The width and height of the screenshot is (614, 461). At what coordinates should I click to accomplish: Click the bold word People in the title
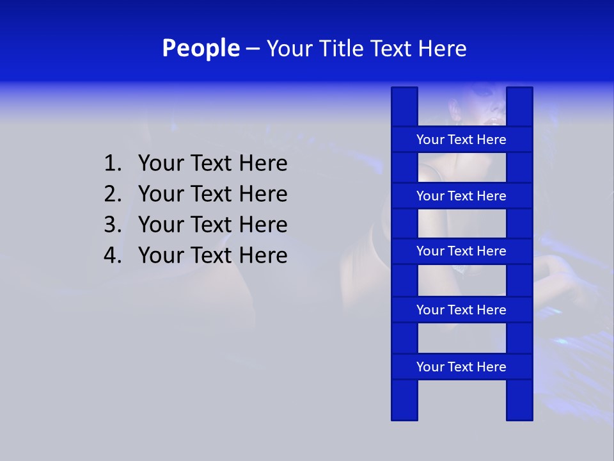200,48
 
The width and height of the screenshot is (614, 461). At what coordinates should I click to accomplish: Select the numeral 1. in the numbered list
113,164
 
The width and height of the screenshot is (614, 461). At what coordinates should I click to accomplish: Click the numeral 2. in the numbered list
113,194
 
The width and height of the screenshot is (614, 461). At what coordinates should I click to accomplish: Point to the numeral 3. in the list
113,225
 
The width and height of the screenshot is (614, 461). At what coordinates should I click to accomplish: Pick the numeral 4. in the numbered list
113,255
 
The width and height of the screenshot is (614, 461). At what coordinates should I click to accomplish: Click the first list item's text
212,164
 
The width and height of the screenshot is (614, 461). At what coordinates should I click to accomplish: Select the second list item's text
212,194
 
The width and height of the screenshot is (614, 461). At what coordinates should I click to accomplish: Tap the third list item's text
212,225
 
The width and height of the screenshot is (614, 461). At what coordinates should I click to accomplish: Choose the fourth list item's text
212,255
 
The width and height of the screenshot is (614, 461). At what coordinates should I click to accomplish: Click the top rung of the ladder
461,140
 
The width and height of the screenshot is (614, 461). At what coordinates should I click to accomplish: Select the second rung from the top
461,196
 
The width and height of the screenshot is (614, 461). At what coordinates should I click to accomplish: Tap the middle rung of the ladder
461,251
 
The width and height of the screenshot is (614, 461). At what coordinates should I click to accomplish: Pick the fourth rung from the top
461,310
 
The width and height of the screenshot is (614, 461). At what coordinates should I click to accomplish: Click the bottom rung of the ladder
461,367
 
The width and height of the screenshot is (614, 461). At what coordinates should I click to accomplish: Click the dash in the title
253,49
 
